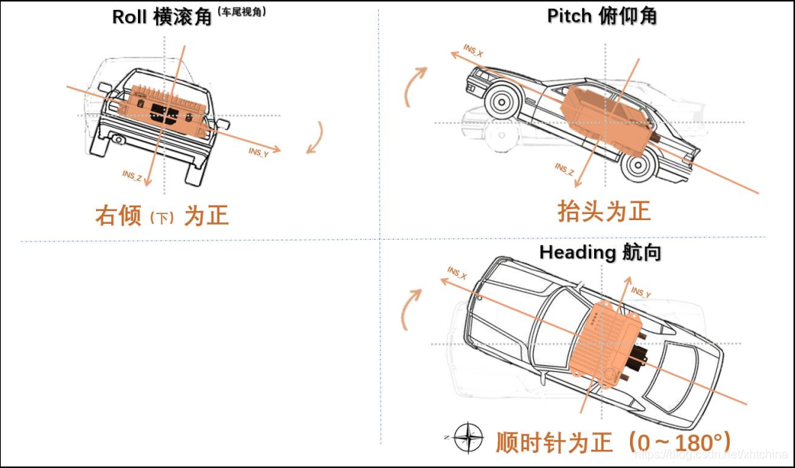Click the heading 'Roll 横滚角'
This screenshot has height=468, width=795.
(x=162, y=17)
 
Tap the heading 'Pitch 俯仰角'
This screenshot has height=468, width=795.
(x=601, y=17)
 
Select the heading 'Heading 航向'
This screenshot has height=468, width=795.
(x=600, y=252)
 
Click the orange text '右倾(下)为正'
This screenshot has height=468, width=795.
(x=162, y=216)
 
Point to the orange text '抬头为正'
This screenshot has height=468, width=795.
(x=604, y=211)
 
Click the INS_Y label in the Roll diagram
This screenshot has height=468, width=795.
(x=259, y=152)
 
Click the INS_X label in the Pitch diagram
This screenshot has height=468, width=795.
(x=473, y=50)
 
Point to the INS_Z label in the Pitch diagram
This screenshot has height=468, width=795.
(x=565, y=170)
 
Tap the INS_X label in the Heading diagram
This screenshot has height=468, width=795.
(x=457, y=272)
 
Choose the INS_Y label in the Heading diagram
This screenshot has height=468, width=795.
(x=641, y=292)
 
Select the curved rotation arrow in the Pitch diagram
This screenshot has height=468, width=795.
(x=415, y=86)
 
